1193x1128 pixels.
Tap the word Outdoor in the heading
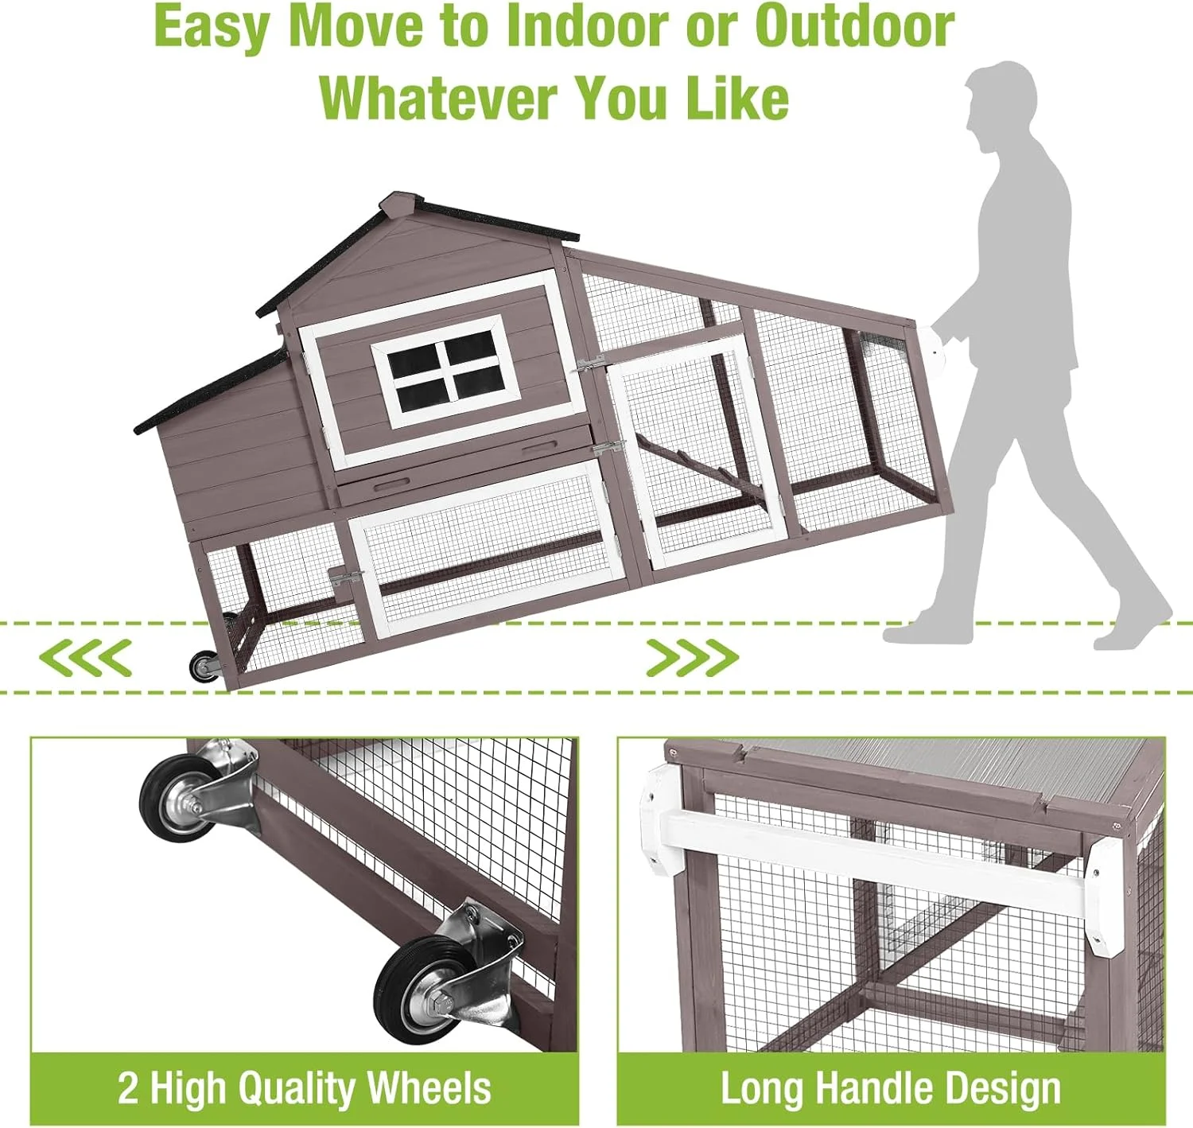point(854,27)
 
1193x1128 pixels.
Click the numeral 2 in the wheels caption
point(128,1088)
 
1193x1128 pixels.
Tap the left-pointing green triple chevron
point(85,658)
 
